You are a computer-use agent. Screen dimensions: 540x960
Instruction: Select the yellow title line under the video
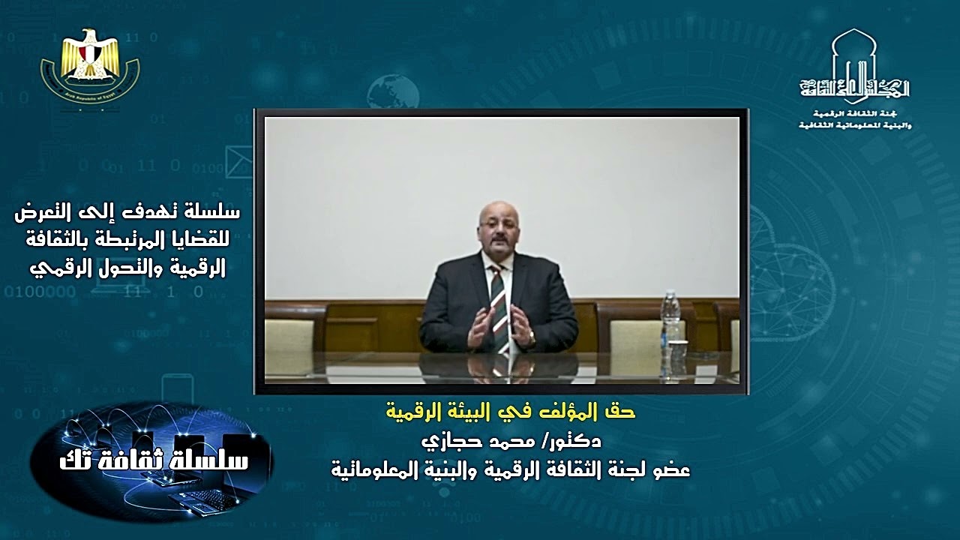point(509,412)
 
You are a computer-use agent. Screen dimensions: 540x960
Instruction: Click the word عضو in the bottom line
point(671,469)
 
